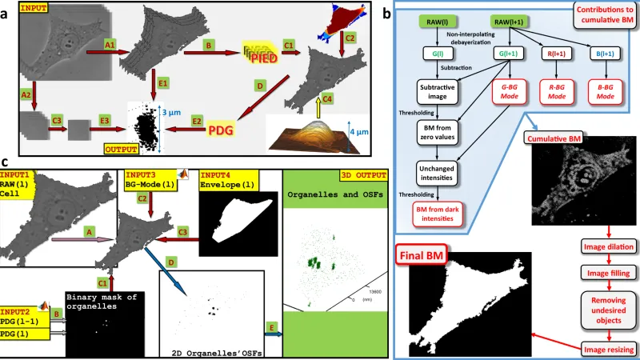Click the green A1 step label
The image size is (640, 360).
[x=110, y=46]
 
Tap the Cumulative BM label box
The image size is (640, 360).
[x=553, y=138]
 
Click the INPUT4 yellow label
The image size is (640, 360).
[x=218, y=174]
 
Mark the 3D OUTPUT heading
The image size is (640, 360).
[x=357, y=174]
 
